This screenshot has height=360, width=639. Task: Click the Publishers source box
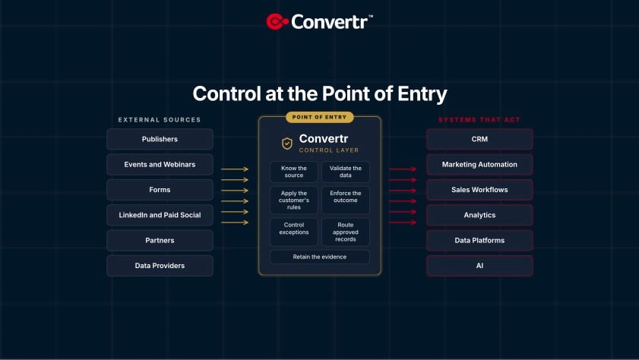coord(160,139)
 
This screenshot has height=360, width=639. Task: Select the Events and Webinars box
coord(160,165)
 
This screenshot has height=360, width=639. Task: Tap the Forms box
coord(160,190)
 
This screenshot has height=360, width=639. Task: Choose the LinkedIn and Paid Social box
coord(160,215)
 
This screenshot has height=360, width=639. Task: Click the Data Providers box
coord(160,266)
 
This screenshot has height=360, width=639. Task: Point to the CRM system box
coord(479,139)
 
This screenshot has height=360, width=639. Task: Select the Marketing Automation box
coord(479,165)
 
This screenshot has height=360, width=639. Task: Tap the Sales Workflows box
coord(479,190)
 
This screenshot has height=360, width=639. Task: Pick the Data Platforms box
coord(479,240)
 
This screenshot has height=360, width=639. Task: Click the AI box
coord(479,266)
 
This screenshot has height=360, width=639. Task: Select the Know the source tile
coord(294,172)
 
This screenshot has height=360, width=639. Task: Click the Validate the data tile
coord(346,172)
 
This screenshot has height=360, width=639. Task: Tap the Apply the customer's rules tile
coord(294,201)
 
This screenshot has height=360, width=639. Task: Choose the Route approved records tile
coord(346,232)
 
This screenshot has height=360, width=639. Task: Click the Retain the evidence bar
coord(319,257)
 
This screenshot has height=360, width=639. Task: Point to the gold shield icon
coord(287,144)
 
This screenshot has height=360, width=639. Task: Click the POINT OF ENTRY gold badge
coord(319,117)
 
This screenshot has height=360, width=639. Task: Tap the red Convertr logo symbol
coord(277,21)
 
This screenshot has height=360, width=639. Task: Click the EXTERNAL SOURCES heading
coord(160,120)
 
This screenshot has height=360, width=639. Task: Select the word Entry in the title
coord(422,94)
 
